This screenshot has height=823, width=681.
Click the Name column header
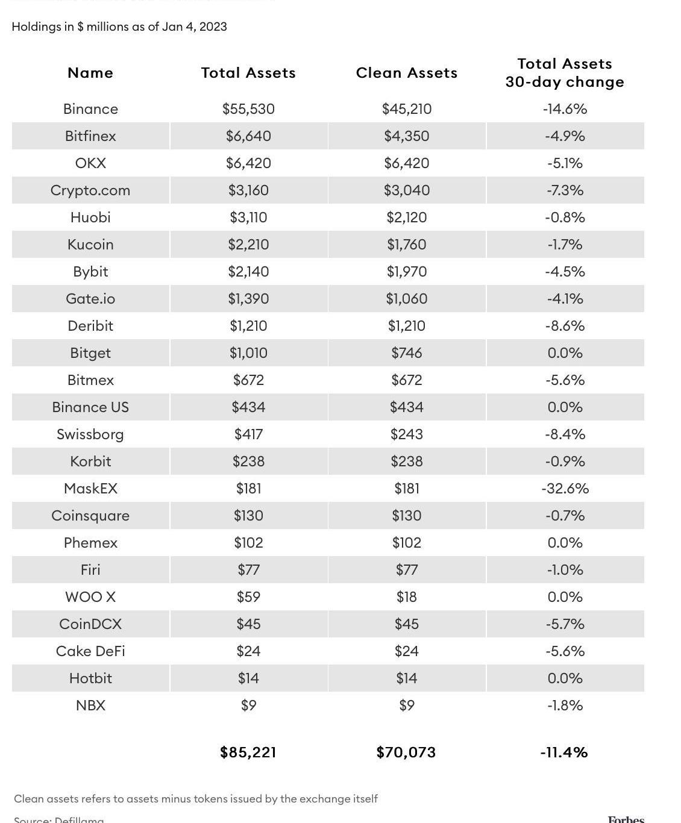coord(90,73)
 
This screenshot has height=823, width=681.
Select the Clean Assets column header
coord(407,73)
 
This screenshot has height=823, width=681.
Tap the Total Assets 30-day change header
coord(565,73)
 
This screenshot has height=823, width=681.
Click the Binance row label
coord(90,109)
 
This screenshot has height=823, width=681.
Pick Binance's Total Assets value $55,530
coord(248,109)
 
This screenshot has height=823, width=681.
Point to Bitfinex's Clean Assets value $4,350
coord(407,136)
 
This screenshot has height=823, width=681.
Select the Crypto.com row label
coord(90,190)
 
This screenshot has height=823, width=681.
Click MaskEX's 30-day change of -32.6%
coord(565,489)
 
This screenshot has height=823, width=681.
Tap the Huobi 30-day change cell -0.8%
coord(565,217)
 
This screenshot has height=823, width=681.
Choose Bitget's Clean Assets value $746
coord(407,353)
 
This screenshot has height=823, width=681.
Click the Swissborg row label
coord(90,434)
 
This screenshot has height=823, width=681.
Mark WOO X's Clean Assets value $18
coord(407,597)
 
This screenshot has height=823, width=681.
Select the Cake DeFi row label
coord(90,651)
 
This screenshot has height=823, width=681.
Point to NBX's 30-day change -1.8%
coord(565,706)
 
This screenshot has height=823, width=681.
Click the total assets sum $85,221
coord(248,753)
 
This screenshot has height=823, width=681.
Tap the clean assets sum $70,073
coord(406,753)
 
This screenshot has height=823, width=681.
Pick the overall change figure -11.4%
coord(564,753)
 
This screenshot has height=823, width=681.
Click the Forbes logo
coord(626,819)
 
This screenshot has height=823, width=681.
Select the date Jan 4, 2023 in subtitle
coord(194,27)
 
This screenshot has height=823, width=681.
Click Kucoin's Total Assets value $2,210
coord(248,245)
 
